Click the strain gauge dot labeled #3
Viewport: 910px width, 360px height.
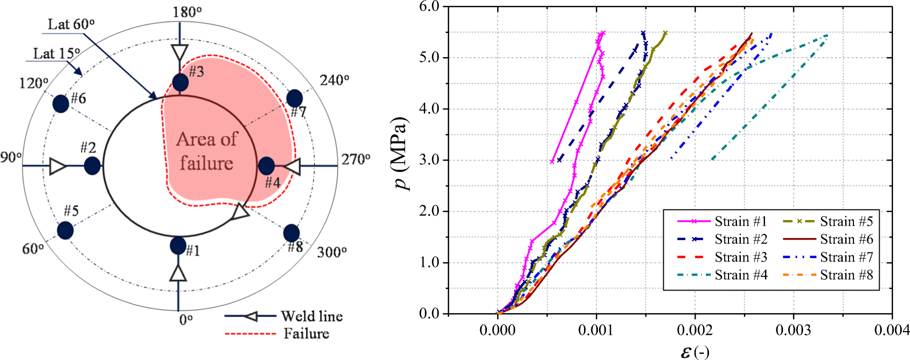(x=180, y=82)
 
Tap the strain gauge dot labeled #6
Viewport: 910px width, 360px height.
(x=61, y=103)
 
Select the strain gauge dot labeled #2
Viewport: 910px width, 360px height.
(x=92, y=166)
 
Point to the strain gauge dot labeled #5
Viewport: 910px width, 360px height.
(x=65, y=230)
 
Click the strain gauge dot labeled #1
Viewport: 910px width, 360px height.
(x=178, y=245)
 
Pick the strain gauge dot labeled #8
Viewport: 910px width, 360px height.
(x=292, y=233)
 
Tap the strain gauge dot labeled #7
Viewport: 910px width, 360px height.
(x=295, y=98)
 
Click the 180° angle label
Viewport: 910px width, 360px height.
(x=187, y=12)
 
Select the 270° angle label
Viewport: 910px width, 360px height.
(x=356, y=159)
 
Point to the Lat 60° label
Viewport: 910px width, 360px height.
(x=71, y=24)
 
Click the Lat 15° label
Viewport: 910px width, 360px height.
(x=57, y=53)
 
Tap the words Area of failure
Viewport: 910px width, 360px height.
(x=207, y=151)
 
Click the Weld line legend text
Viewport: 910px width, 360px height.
(x=312, y=316)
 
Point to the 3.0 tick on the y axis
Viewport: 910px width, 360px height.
(x=429, y=160)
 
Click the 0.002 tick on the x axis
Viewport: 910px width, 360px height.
(x=695, y=330)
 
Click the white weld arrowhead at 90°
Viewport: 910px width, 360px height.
(x=57, y=166)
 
